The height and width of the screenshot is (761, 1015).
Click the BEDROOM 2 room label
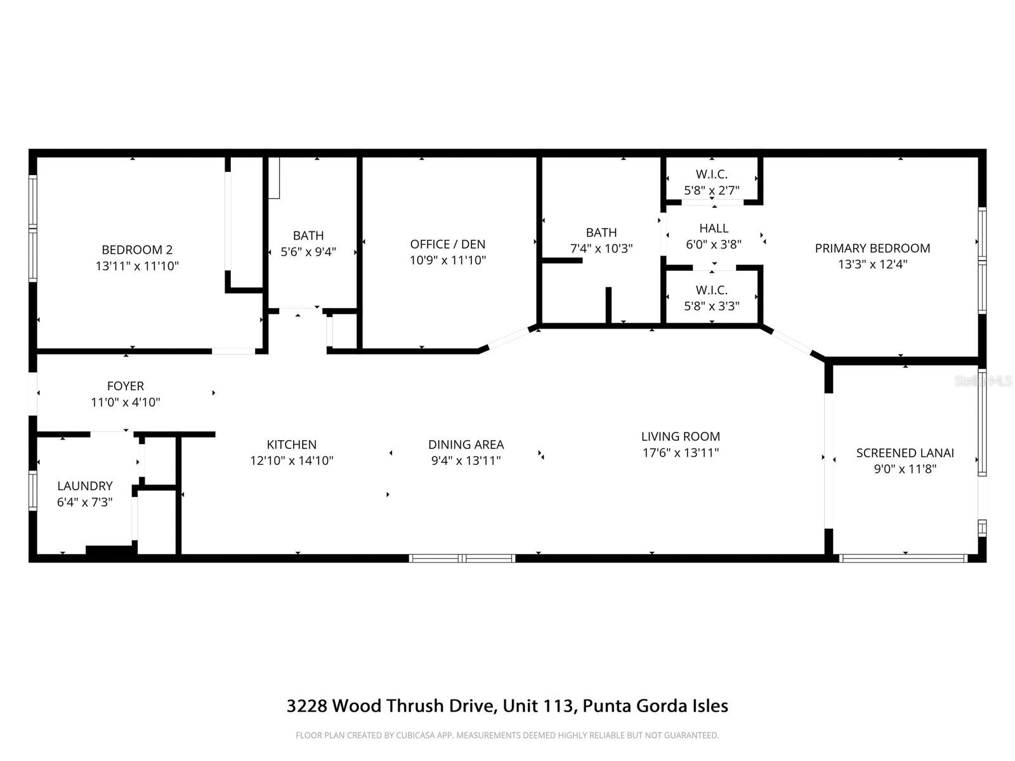click(x=137, y=250)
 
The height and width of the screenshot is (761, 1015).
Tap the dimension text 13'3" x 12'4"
click(x=872, y=264)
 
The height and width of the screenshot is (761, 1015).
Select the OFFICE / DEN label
click(x=447, y=244)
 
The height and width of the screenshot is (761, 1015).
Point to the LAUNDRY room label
click(x=85, y=486)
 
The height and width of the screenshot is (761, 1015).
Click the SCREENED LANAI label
click(x=905, y=453)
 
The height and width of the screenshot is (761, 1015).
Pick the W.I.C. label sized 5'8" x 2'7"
click(x=711, y=174)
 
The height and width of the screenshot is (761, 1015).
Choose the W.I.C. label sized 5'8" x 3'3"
click(x=711, y=290)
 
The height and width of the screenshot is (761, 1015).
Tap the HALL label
click(x=714, y=228)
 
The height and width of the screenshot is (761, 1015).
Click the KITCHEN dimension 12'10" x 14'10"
click(x=291, y=461)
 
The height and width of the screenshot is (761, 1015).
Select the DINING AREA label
click(x=466, y=445)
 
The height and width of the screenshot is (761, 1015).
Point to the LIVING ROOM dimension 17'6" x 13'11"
click(x=680, y=453)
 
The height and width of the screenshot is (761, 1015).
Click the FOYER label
click(x=125, y=386)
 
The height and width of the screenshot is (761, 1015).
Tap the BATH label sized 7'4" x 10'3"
click(x=601, y=233)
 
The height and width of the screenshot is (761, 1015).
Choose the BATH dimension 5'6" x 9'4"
click(x=308, y=252)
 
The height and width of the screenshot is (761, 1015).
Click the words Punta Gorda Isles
click(x=655, y=706)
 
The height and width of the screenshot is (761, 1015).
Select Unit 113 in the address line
click(x=539, y=706)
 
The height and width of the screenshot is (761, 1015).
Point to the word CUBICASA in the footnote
click(x=416, y=736)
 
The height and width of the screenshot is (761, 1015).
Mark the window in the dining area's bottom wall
click(x=462, y=559)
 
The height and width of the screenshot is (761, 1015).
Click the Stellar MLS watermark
click(x=984, y=380)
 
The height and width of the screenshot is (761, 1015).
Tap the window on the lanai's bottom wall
click(x=903, y=559)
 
